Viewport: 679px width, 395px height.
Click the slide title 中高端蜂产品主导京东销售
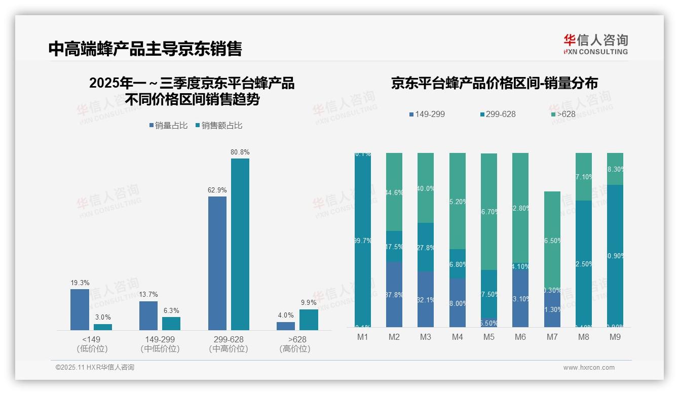(145, 49)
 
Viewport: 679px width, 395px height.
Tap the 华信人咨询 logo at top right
(595, 44)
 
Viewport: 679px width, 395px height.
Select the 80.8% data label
(240, 152)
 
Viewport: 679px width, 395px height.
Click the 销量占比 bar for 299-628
(217, 263)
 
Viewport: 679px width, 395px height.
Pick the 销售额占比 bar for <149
(103, 327)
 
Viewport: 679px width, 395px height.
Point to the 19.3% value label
(80, 283)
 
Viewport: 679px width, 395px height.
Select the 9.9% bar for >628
(309, 320)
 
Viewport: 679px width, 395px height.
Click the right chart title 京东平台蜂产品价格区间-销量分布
(494, 84)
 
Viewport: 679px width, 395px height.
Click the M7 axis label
(553, 337)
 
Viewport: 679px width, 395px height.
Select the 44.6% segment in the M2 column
(394, 192)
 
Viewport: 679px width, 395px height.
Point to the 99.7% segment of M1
(363, 241)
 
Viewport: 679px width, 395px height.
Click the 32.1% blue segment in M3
(426, 299)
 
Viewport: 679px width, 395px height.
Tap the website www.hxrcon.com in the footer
(589, 368)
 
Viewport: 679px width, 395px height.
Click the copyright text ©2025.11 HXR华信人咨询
(95, 368)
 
